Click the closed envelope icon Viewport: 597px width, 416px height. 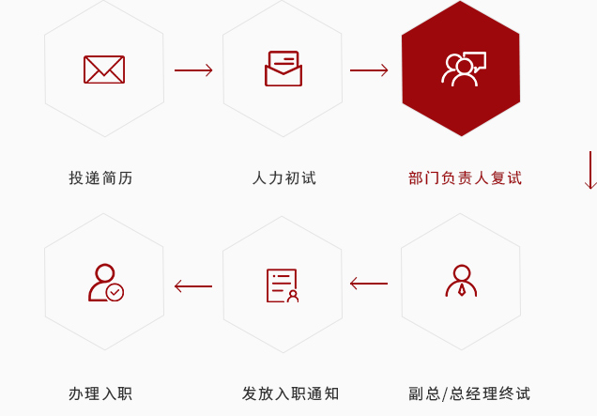coord(104,69)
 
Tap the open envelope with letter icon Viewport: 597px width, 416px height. coord(283,69)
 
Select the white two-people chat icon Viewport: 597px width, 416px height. coord(464,69)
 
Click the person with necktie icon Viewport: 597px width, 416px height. coord(461,281)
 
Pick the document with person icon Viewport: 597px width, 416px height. coord(283,285)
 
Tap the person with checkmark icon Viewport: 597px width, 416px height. coord(106,283)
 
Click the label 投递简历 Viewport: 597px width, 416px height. coord(100,177)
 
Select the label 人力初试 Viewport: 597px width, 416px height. coord(284,177)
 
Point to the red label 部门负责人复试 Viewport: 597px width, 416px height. coord(465,177)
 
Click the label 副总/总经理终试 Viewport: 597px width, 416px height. coord(469,393)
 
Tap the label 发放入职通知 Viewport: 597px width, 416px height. coord(290,393)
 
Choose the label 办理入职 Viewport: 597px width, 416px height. coord(100,393)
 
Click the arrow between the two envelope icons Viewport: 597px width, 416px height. coord(193,70)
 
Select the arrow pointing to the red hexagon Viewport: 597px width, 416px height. coord(369,70)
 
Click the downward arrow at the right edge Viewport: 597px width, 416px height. coord(590,170)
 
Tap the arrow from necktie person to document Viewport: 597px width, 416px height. coord(369,284)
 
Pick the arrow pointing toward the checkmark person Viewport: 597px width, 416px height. coord(193,286)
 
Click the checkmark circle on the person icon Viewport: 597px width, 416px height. coord(115,293)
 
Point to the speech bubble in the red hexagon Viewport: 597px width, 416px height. coord(476,61)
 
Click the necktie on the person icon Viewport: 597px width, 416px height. coord(462,289)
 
